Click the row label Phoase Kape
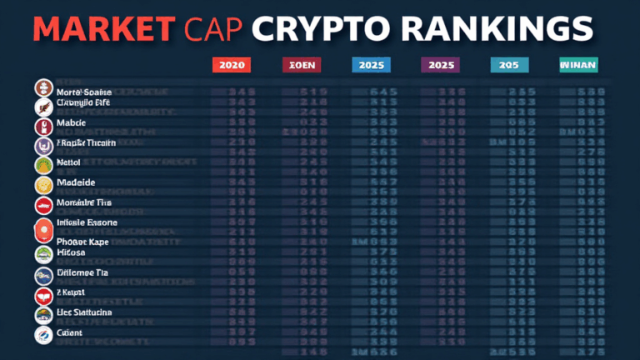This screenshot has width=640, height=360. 84,242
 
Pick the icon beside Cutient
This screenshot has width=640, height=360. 43,335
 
